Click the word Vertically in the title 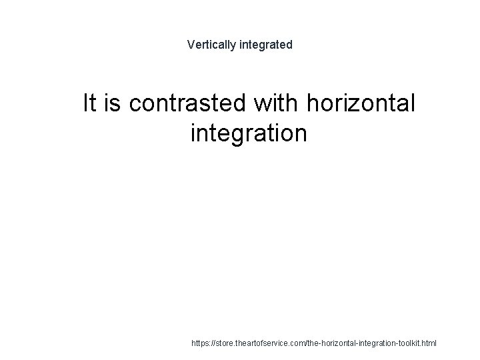point(208,45)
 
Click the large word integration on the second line point(249,133)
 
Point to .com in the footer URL point(305,344)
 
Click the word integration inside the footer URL point(381,344)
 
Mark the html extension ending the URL point(431,344)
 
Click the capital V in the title point(191,45)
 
